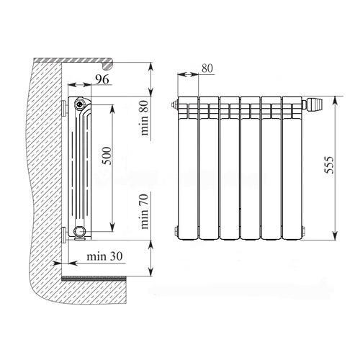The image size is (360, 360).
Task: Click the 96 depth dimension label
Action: tap(102, 79)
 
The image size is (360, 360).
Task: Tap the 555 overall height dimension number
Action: tap(329, 165)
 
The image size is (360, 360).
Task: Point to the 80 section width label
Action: tap(207, 68)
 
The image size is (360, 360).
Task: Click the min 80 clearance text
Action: tap(145, 117)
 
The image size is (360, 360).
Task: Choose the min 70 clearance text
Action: tap(145, 211)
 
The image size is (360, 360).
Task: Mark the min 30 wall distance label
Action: tap(104, 256)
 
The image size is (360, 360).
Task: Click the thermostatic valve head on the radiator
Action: tap(315, 104)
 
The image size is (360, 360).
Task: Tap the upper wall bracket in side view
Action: tap(64, 108)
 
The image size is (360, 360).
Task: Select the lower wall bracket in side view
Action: tap(64, 235)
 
